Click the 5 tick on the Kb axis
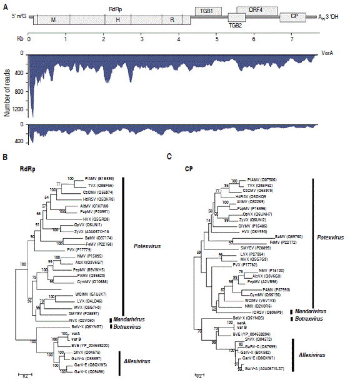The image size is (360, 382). coord(217,38)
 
